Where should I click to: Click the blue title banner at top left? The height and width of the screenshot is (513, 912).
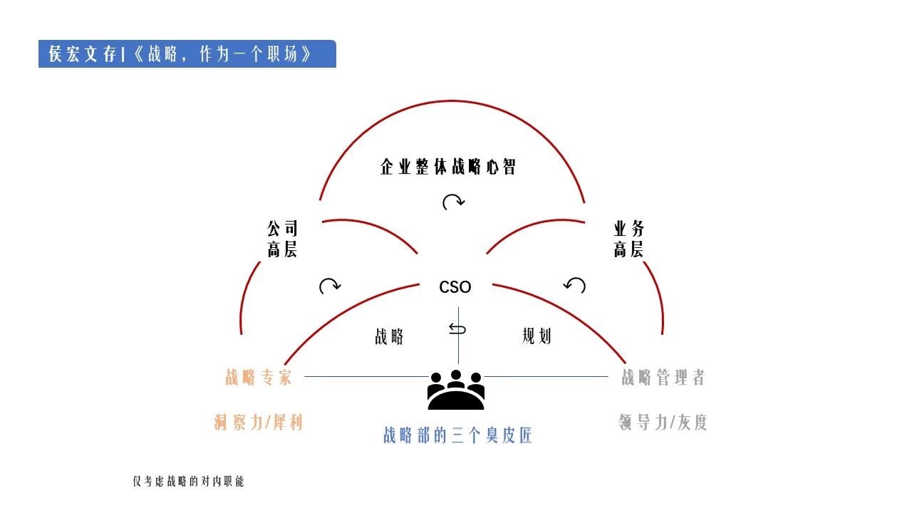click(x=187, y=53)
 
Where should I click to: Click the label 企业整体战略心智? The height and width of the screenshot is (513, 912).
click(x=448, y=167)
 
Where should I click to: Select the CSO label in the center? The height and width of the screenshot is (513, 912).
click(x=455, y=287)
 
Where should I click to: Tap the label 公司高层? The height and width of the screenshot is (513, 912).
click(x=282, y=239)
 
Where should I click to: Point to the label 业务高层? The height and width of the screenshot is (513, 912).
click(x=628, y=239)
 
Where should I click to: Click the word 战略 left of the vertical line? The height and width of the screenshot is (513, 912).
click(x=389, y=337)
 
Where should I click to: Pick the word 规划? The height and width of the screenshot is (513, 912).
click(x=537, y=336)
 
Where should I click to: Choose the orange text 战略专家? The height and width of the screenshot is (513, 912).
click(x=259, y=378)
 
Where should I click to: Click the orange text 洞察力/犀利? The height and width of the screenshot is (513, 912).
click(x=259, y=423)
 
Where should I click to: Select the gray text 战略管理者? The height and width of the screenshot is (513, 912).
click(x=663, y=378)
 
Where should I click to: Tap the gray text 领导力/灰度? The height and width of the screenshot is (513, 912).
click(x=663, y=423)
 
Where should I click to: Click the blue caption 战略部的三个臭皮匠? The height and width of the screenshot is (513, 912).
click(x=457, y=435)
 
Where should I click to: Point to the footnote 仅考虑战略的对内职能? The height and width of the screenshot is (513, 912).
click(x=188, y=482)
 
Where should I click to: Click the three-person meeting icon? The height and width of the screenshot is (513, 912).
click(x=456, y=390)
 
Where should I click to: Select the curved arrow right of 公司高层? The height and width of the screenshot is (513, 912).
click(x=330, y=286)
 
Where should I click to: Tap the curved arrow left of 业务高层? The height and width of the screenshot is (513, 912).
click(x=574, y=285)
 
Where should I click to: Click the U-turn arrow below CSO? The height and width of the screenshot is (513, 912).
click(x=457, y=328)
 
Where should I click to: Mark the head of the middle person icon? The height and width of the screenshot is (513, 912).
click(x=456, y=375)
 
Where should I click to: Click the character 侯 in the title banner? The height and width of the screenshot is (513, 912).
click(x=56, y=53)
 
